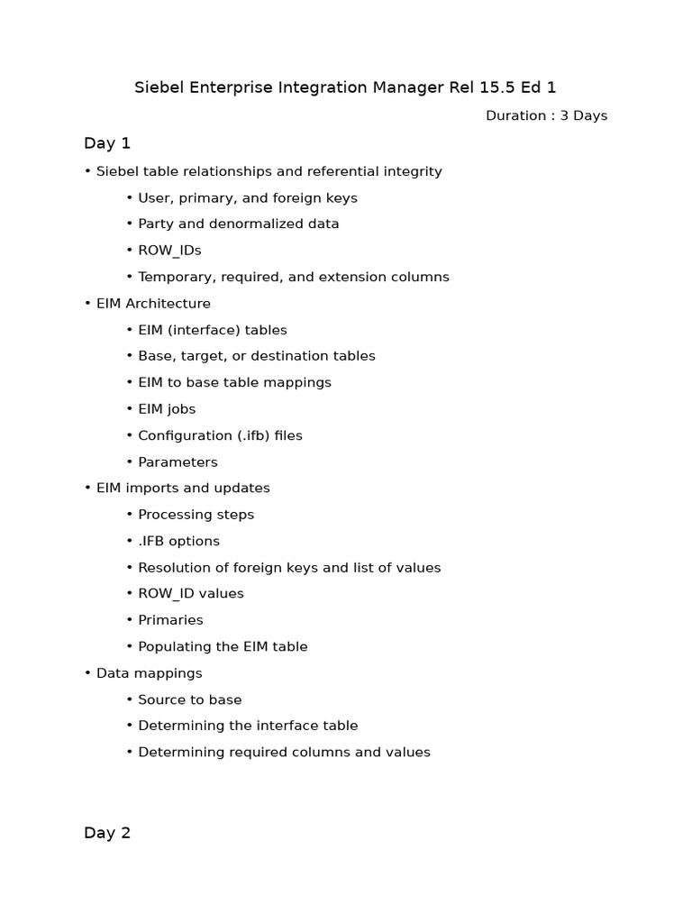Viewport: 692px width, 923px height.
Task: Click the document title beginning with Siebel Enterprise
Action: coord(345,87)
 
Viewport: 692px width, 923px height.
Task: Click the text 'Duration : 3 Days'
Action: coord(546,115)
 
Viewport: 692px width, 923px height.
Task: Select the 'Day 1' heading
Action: coord(107,142)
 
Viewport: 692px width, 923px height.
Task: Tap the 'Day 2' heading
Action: coord(107,833)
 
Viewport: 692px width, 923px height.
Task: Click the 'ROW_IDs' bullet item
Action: coord(169,250)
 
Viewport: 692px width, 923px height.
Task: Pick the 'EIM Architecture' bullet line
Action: coord(153,303)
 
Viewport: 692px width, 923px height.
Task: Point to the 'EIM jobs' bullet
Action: coord(167,408)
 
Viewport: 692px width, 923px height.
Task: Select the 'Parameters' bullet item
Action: coord(178,461)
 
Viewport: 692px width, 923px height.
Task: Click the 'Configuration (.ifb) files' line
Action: coord(220,435)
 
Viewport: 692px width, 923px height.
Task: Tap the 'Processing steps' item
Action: coord(196,515)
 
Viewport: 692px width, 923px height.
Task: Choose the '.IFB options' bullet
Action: coord(178,541)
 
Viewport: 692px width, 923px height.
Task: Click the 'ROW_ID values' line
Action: coord(191,593)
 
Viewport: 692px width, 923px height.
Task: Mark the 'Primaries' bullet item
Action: coord(170,620)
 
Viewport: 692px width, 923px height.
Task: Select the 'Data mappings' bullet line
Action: coord(149,673)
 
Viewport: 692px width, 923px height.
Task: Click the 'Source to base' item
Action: coord(189,699)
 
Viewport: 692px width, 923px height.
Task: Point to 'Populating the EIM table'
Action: coord(223,646)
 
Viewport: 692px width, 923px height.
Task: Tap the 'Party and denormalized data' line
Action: coord(238,224)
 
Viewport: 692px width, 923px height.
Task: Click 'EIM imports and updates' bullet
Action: coord(183,488)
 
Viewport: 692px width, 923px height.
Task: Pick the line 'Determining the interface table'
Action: coord(248,726)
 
